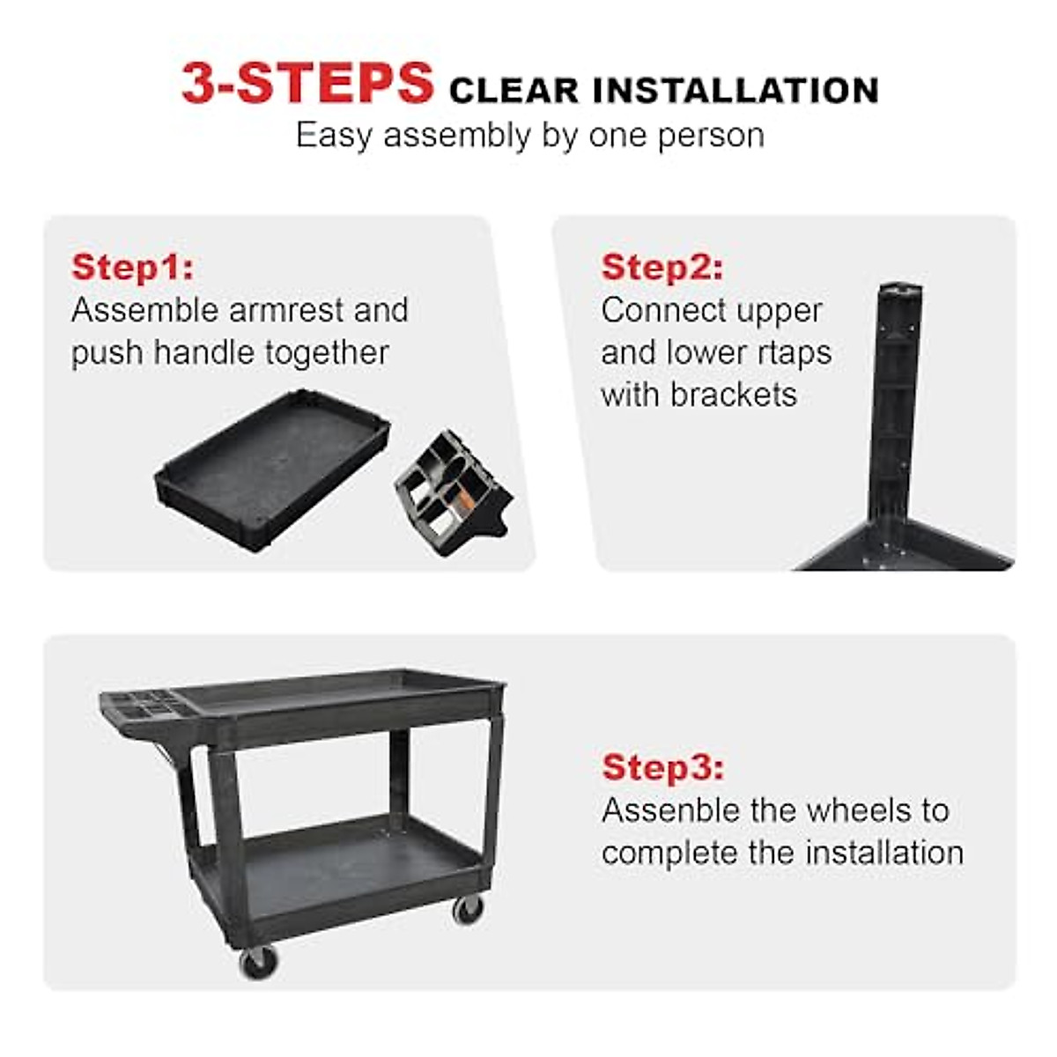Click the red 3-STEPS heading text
(x=307, y=84)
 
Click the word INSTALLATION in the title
(x=735, y=91)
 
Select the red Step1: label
(x=132, y=267)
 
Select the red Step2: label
(x=662, y=267)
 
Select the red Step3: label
(x=662, y=767)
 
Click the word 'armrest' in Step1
(x=285, y=310)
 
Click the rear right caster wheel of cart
(x=467, y=908)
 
